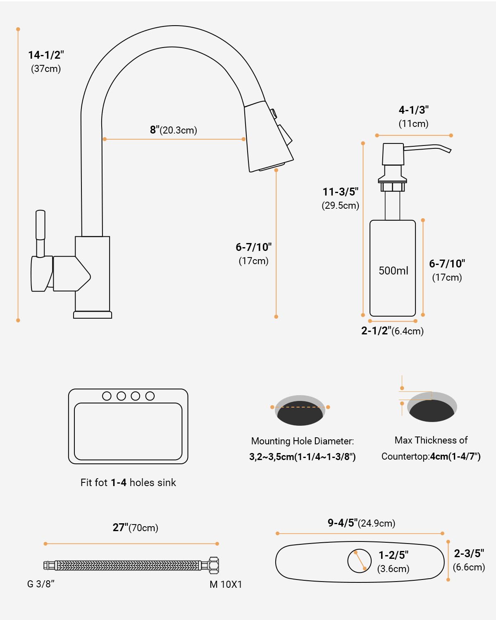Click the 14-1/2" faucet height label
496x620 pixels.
pos(46,55)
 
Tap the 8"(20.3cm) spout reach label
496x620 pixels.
pos(173,130)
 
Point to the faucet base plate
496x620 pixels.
pos(93,315)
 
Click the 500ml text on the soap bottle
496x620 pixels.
pos(393,271)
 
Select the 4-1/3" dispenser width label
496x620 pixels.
pos(413,110)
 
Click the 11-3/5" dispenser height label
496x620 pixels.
pos(340,192)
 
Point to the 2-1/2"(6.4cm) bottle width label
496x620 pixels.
pos(392,331)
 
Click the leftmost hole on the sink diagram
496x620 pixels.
pos(107,396)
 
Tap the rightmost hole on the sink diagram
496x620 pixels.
pos(150,396)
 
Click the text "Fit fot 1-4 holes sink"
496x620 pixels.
pos(128,483)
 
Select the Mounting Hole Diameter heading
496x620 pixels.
pos(303,441)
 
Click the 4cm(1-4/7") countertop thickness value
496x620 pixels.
pos(455,457)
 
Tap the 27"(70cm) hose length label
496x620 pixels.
pos(136,528)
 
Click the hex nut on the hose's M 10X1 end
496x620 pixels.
pos(214,565)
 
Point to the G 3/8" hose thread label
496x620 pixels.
pos(41,584)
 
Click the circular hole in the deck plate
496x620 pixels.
pos(359,561)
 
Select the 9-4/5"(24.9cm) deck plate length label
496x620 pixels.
pos(361,523)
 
